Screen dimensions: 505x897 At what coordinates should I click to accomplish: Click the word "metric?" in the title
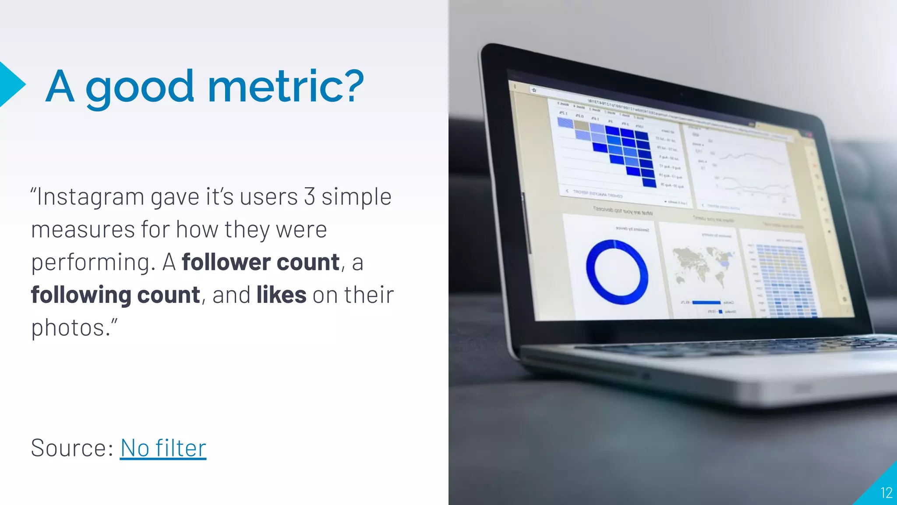click(x=286, y=86)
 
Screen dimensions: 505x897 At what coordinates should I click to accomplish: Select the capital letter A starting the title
click(x=60, y=86)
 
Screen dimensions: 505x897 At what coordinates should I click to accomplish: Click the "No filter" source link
click(x=163, y=448)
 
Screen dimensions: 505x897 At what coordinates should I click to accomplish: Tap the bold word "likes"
click(x=281, y=295)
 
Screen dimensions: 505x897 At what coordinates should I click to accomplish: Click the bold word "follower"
click(x=226, y=262)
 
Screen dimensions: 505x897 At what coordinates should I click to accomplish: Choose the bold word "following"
click(x=81, y=295)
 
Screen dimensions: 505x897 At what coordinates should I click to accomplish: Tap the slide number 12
click(x=886, y=493)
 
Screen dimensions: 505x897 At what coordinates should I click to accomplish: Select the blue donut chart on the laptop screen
click(x=617, y=272)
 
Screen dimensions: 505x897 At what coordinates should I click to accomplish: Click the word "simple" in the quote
click(x=357, y=197)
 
